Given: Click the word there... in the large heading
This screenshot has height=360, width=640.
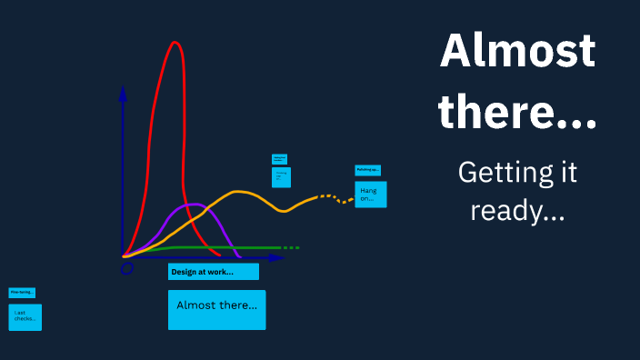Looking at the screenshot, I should [517, 113].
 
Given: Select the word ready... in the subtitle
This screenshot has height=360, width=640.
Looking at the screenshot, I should [516, 212].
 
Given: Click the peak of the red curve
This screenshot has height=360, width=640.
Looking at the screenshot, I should [175, 43].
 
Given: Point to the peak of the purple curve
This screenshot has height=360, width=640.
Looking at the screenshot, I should [194, 205].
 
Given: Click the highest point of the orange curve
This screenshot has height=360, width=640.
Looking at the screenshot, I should [239, 192].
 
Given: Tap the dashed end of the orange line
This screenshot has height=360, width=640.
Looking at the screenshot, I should [336, 197].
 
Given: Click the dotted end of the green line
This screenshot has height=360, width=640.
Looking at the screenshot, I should [290, 247].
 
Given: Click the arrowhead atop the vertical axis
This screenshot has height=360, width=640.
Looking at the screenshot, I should [123, 92].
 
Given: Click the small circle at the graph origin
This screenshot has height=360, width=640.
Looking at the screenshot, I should [127, 268].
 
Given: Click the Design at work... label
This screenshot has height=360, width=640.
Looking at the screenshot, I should [213, 272].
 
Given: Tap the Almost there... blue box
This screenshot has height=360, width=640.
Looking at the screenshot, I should [216, 309].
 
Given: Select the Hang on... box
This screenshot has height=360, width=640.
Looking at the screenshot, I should [370, 194].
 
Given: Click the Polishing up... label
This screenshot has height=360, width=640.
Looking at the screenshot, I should [367, 170].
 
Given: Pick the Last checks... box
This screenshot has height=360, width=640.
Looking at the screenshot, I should [25, 316].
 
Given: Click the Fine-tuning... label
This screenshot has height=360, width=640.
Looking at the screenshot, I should [22, 293].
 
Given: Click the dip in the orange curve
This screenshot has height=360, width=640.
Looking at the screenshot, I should [285, 211].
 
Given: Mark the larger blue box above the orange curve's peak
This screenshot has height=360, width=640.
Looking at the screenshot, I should [282, 176].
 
